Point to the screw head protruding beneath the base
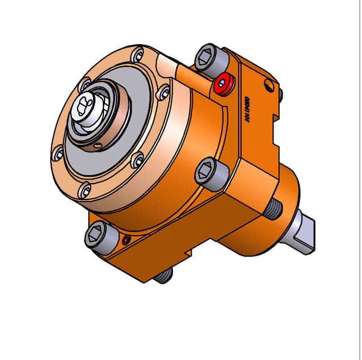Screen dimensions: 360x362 (163, 275)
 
